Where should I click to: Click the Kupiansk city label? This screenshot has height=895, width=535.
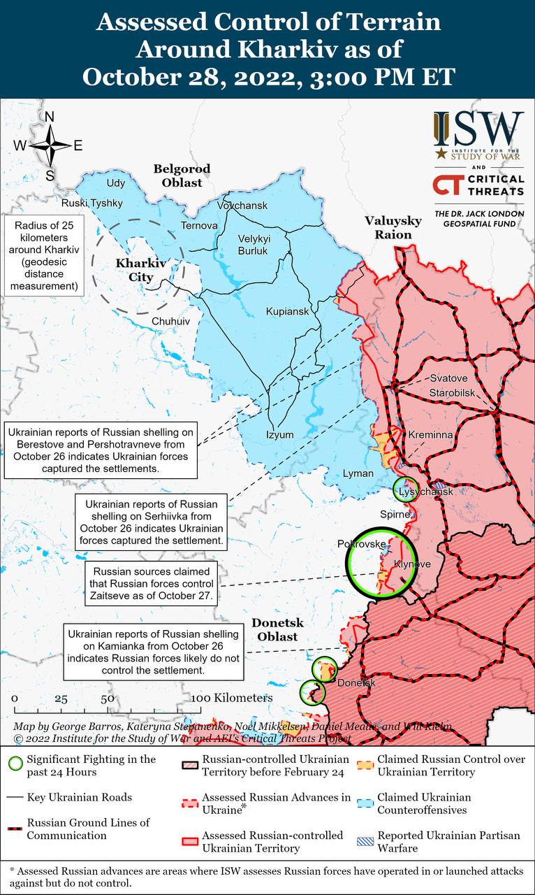pos(287,311)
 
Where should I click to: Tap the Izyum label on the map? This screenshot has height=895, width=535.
pos(279,434)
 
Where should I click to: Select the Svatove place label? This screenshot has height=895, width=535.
pos(448,378)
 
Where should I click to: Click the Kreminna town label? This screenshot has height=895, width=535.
pos(430,435)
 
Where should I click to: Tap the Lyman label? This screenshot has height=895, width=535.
pos(358,473)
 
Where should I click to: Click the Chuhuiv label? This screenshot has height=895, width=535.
pos(170,321)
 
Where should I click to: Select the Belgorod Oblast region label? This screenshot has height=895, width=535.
pos(182,176)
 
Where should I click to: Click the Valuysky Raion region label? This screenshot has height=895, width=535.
pos(393,228)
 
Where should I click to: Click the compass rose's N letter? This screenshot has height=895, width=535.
pos(50,117)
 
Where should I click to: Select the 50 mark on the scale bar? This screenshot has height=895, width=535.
pos(107,699)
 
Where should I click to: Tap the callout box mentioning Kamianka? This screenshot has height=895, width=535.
pos(154,652)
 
